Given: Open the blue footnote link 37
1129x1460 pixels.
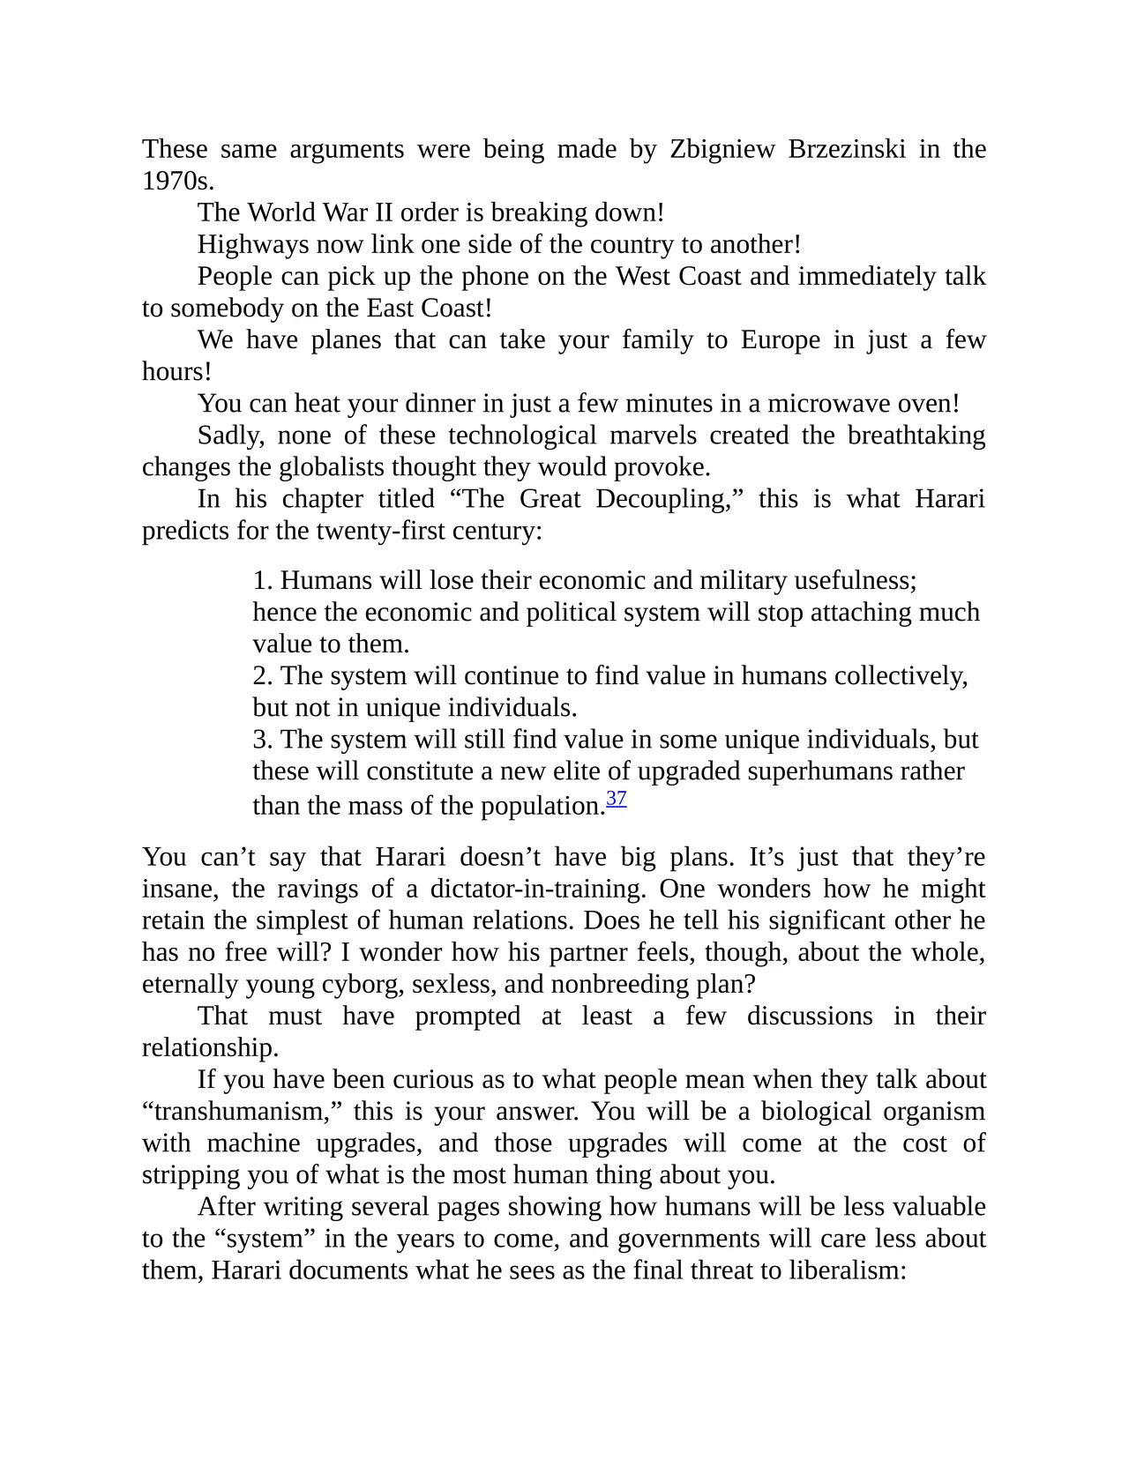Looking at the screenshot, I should click(x=617, y=800).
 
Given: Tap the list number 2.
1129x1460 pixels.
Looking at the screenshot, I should click(x=262, y=676).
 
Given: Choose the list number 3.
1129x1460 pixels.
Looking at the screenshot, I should click(x=262, y=740).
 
